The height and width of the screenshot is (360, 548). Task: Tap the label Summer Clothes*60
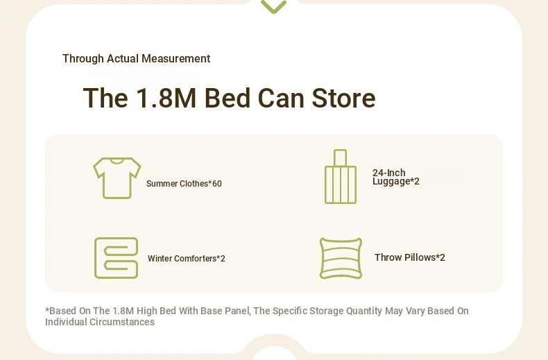[x=184, y=184]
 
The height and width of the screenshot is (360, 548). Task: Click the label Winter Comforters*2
[x=187, y=258]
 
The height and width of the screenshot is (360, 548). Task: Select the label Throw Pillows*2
[x=409, y=257]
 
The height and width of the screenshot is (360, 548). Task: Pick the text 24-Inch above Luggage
[x=388, y=173]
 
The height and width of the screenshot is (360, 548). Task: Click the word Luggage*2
[x=395, y=182]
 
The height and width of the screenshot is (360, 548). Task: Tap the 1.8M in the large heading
[x=166, y=98]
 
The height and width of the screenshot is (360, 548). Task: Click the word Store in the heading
[x=343, y=98]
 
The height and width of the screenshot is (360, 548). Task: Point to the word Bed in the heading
[x=227, y=98]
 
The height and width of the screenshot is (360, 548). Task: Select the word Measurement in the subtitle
[x=175, y=58]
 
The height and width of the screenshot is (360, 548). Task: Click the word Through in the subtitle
[x=83, y=59]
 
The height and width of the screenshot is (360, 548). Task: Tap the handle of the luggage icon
[x=340, y=158]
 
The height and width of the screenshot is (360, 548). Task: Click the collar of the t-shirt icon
[x=117, y=161]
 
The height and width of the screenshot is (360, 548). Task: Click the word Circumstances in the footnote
[x=122, y=322]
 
